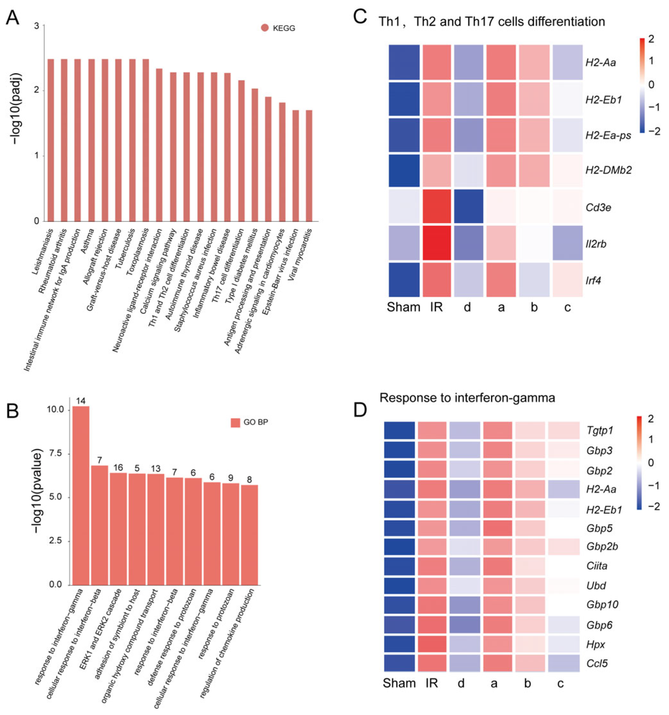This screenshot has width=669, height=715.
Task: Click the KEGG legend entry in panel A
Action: [278, 28]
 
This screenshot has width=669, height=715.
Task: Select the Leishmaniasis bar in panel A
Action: [51, 140]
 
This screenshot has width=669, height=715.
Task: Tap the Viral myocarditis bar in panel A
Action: [309, 165]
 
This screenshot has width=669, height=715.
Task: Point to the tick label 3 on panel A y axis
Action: [36, 26]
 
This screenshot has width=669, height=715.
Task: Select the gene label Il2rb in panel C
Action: [596, 244]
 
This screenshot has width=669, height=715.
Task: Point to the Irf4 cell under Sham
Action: [404, 280]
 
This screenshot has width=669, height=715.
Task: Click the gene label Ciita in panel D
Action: [597, 566]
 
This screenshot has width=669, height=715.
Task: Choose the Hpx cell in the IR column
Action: [431, 644]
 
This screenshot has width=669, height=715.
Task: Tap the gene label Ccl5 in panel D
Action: [597, 663]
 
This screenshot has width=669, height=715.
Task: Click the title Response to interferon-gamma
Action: [467, 397]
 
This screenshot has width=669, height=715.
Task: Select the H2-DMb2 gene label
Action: [608, 170]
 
